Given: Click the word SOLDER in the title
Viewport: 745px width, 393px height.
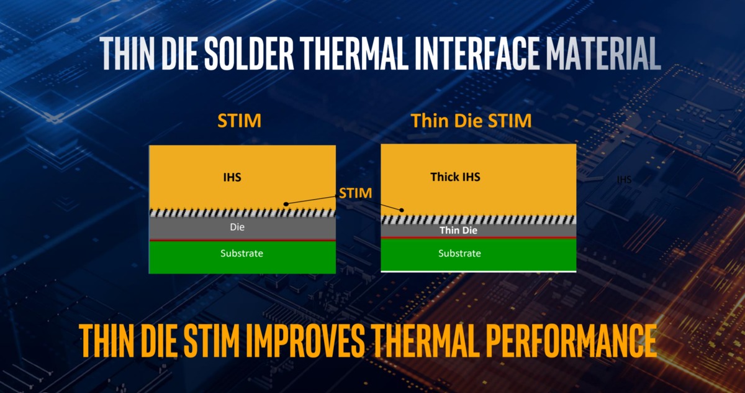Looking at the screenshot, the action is [249, 53].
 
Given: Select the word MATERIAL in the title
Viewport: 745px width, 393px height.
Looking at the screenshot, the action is [603, 53].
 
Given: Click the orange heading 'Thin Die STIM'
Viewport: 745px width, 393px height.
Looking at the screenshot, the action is [471, 121].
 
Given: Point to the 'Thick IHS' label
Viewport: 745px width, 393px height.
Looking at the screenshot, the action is [455, 177].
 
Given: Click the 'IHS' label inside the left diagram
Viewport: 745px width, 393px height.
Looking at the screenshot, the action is [232, 177].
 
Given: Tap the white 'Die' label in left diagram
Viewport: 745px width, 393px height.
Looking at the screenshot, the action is [237, 227].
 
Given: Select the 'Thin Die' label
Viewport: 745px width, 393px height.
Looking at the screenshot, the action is [458, 230].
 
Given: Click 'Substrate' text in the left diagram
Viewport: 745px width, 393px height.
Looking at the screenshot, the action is [242, 254].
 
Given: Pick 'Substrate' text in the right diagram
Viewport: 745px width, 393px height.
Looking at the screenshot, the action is [459, 254].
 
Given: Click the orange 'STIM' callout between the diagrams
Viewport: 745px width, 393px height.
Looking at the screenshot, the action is [355, 193].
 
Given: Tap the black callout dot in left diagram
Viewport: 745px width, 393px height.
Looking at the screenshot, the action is [286, 204].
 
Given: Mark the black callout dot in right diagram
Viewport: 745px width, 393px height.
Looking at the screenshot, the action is [402, 210].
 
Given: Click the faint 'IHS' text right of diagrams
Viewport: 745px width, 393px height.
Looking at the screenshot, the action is [624, 180].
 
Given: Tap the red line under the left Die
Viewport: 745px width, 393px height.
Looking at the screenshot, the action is [242, 240].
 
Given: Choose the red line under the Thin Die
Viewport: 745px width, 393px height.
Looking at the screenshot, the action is [478, 238].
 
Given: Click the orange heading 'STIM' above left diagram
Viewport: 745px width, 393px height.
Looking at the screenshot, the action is [240, 121].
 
